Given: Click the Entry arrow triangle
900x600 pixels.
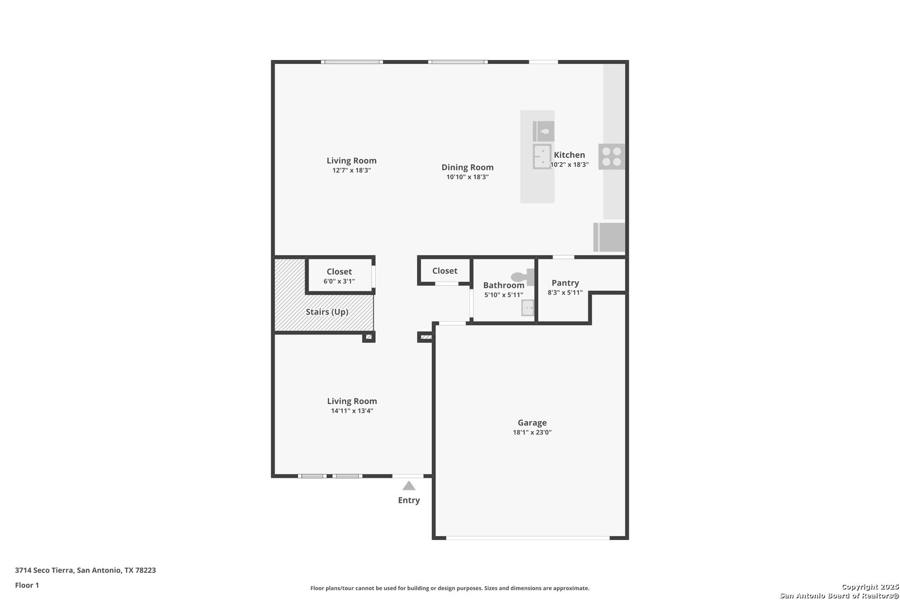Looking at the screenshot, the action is (x=409, y=486).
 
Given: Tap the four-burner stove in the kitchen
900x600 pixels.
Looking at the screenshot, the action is (x=612, y=156).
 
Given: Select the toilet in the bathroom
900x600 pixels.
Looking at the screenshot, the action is (x=522, y=277).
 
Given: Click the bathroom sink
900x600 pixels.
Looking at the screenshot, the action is (x=528, y=308).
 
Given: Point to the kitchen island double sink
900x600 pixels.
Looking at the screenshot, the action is (x=542, y=156).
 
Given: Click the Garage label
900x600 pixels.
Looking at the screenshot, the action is (x=532, y=422).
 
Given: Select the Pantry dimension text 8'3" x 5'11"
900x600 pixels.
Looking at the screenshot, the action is (x=565, y=293).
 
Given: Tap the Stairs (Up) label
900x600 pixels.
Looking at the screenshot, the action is (x=327, y=312).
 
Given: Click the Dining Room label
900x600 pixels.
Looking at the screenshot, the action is (x=467, y=167).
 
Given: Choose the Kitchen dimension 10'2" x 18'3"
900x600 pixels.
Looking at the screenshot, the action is (x=569, y=164).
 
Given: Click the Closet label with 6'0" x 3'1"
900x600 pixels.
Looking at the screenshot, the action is (x=339, y=272).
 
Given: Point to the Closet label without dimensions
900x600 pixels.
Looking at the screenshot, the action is (x=445, y=271).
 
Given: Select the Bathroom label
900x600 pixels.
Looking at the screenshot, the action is (x=503, y=286).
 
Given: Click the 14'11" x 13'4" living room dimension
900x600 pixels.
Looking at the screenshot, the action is (x=352, y=411).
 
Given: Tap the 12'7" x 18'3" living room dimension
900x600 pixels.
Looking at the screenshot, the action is (x=352, y=171).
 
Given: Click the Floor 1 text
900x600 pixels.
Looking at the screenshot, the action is (x=27, y=585).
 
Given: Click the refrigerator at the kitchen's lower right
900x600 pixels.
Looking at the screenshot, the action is (x=609, y=237).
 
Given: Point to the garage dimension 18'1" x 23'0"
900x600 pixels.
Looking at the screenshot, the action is (x=532, y=432).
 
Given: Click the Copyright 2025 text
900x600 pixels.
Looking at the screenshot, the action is (x=870, y=587).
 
